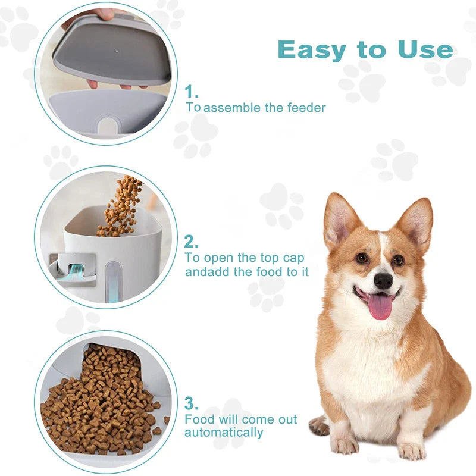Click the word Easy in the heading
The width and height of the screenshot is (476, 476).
point(312,51)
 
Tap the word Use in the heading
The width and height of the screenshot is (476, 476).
point(425,49)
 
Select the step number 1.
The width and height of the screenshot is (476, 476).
point(192,92)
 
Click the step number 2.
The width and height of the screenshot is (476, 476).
point(191,242)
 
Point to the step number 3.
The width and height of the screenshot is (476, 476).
point(192,403)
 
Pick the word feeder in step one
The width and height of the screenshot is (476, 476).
point(306,108)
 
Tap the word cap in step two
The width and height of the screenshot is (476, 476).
point(293,258)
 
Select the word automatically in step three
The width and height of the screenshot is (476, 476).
point(224,433)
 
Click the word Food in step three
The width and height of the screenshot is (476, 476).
point(199,419)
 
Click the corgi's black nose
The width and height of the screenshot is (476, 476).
point(383,281)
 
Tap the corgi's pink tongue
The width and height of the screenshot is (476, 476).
point(380,306)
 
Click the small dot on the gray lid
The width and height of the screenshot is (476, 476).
point(115,51)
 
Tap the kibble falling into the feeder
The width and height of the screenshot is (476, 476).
point(121,207)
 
